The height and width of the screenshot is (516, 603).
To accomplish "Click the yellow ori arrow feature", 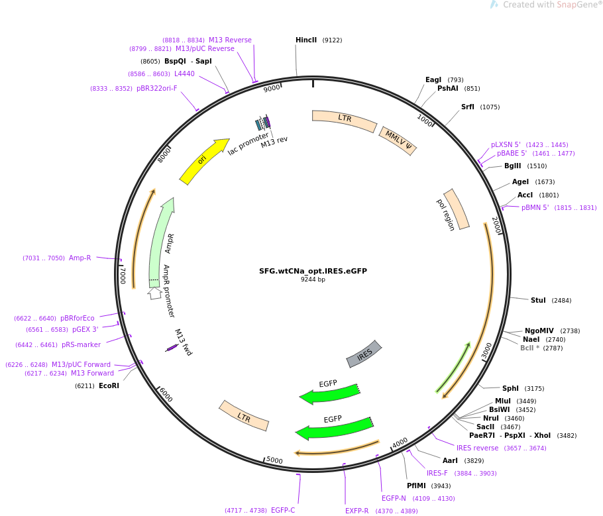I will [x=203, y=161].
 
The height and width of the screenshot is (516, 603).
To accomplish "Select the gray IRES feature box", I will [x=364, y=354].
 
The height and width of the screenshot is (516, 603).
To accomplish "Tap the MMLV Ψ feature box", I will [x=398, y=140].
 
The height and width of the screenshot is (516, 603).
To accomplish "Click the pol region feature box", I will [x=456, y=209].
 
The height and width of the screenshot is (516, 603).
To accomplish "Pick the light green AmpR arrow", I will [x=161, y=242].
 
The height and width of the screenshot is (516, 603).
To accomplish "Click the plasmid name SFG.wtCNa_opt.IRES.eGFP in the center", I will [x=313, y=271].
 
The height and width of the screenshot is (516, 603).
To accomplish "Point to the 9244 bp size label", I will [x=313, y=280].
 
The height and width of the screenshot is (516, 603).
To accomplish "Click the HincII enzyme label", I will [x=306, y=40].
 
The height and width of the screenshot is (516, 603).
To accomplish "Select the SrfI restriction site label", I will [x=468, y=107].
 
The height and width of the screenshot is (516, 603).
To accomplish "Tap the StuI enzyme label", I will [x=538, y=301].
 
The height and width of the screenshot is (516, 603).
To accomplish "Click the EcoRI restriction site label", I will [x=109, y=386].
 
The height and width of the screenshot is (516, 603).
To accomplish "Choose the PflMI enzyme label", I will [x=416, y=486].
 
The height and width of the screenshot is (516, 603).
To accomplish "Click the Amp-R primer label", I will [x=80, y=258].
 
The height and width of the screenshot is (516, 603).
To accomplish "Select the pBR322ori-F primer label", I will [x=157, y=89].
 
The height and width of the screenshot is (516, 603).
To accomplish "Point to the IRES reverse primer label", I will [x=477, y=448].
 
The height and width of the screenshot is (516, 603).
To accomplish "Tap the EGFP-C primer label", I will [x=283, y=511].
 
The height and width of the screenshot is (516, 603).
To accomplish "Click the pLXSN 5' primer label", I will [x=506, y=145].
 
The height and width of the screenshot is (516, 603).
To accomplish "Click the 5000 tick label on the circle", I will [x=274, y=460].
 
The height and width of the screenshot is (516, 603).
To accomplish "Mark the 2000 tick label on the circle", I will [x=496, y=225].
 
